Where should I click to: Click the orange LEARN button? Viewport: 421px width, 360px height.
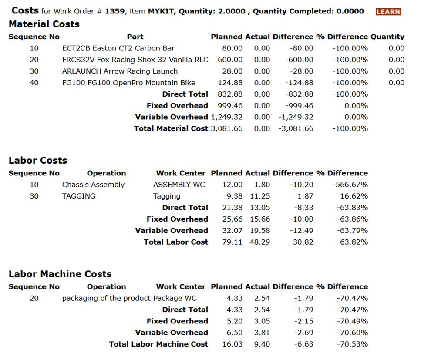coord(388,12)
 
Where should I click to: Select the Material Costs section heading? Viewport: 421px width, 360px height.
coord(44,24)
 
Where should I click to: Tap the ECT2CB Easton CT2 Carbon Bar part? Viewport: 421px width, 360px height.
coord(118,48)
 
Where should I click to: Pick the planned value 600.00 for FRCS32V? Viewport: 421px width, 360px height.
coord(230,60)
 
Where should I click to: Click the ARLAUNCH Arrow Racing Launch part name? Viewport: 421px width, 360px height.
coord(120,71)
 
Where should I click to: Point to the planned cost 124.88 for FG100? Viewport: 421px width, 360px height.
coord(230,83)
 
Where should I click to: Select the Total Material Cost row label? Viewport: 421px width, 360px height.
coord(171,128)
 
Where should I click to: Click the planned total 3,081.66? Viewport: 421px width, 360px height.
coord(226,128)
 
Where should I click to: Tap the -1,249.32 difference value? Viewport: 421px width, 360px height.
coord(296,117)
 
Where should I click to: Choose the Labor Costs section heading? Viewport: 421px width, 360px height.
coord(38,160)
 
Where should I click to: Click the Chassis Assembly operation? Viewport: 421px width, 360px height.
coord(93,185)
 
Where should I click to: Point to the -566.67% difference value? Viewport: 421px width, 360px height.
coord(350,185)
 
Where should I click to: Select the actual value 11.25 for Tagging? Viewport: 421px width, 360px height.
coord(259,196)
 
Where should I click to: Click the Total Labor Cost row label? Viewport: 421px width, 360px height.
coord(176,242)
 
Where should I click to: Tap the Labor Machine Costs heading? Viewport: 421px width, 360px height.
coord(60,274)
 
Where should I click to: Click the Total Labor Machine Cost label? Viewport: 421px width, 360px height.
coord(158,344)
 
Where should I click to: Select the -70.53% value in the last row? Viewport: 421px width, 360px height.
coord(352,344)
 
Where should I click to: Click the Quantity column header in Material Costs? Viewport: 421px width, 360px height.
coord(387,37)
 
